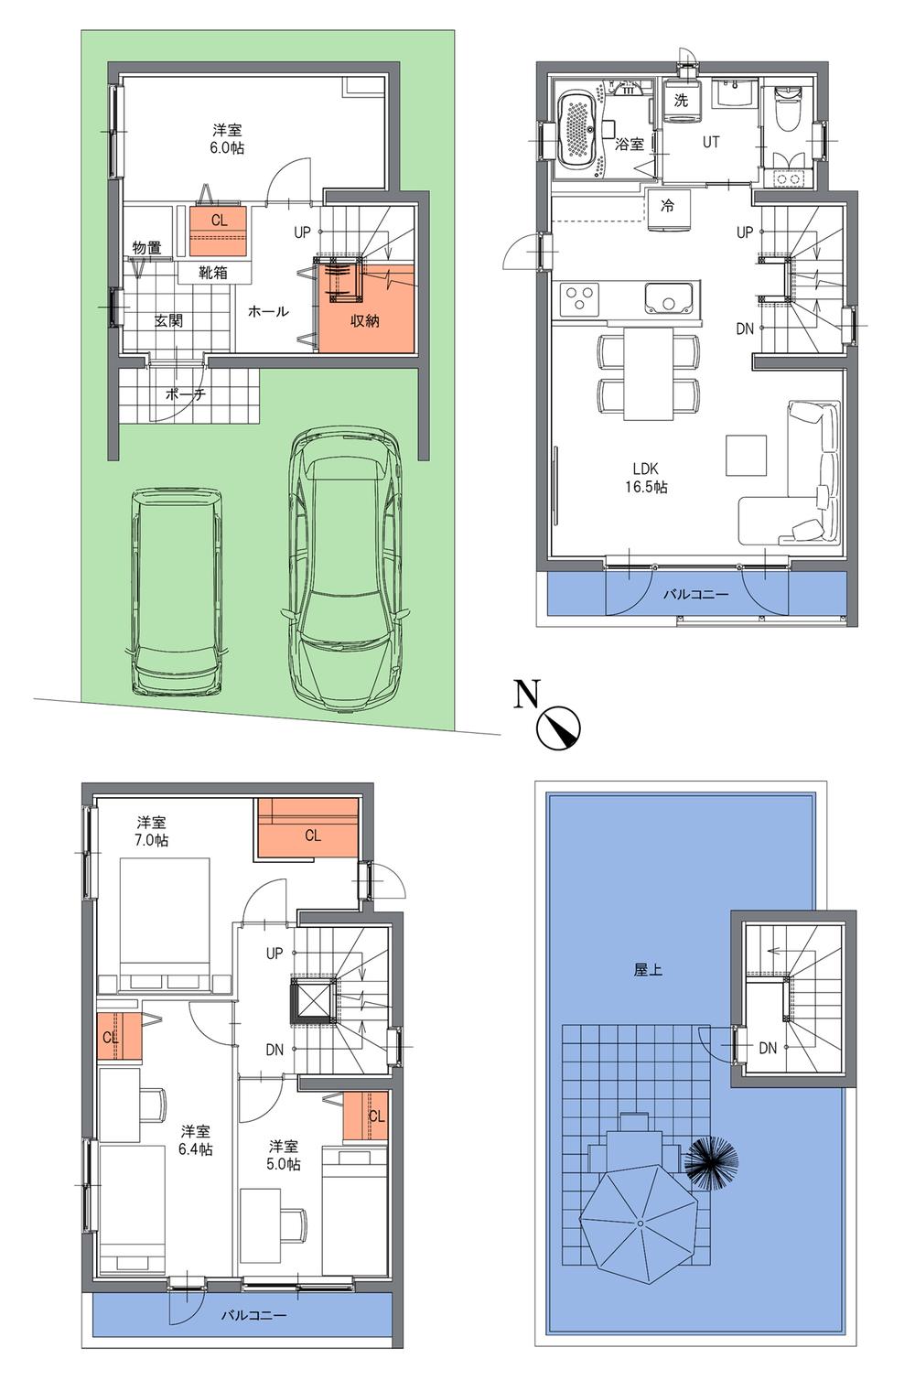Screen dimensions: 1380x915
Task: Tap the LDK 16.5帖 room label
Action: (646, 478)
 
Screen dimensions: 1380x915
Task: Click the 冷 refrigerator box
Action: (668, 207)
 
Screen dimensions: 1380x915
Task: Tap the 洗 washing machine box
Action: (681, 101)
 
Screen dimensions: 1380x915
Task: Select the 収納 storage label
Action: (365, 321)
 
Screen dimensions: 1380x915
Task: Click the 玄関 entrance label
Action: (168, 320)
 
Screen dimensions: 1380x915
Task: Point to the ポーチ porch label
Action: (186, 395)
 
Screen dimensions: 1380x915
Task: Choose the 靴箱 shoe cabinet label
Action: (213, 273)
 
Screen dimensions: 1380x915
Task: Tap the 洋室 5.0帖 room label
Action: (284, 1155)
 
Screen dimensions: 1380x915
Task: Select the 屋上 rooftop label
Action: (648, 969)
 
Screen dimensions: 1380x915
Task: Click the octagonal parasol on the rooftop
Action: (640, 1223)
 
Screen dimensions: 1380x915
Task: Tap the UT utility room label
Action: (711, 143)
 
